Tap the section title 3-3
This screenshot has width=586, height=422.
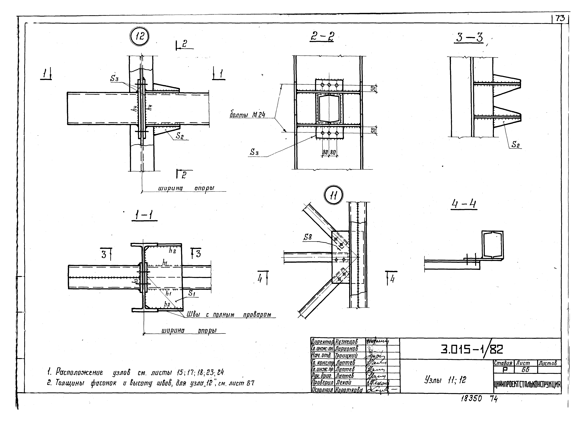point(469,38)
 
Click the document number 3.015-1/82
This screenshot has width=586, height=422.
point(472,349)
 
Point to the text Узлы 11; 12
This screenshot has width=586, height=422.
point(445,379)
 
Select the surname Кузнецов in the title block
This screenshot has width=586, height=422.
point(346,342)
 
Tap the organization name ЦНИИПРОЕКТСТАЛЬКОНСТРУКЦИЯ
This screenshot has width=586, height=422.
point(527,385)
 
